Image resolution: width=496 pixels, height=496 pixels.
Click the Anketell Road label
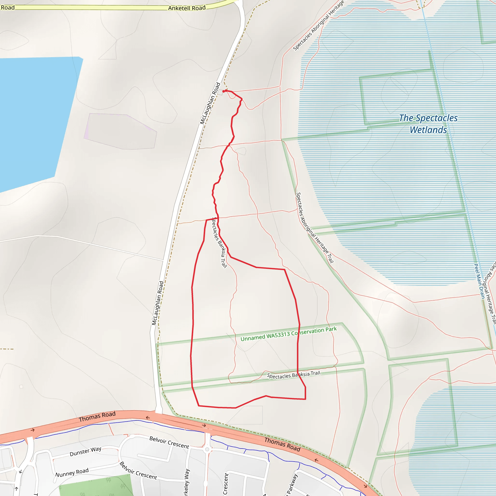(x=187, y=8)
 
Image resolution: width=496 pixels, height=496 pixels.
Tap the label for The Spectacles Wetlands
(x=428, y=124)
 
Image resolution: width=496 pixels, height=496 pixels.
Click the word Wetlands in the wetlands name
(x=428, y=130)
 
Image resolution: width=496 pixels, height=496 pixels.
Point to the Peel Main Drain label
(x=479, y=281)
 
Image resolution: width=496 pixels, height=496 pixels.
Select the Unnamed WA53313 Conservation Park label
(x=288, y=334)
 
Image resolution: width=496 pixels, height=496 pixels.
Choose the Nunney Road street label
(x=72, y=472)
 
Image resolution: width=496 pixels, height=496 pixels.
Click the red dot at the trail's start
(x=224, y=91)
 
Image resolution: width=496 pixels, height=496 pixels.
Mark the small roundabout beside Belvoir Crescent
(x=207, y=449)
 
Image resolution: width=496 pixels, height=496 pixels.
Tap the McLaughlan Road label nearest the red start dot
(x=210, y=103)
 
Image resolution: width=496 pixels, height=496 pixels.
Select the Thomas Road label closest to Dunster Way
(x=97, y=416)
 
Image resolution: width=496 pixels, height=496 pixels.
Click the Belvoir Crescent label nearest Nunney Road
(x=138, y=470)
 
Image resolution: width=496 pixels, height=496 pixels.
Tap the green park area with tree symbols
(x=98, y=487)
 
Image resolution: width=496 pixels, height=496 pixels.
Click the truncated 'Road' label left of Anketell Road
(x=8, y=8)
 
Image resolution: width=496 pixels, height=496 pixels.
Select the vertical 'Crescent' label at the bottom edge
(x=225, y=484)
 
